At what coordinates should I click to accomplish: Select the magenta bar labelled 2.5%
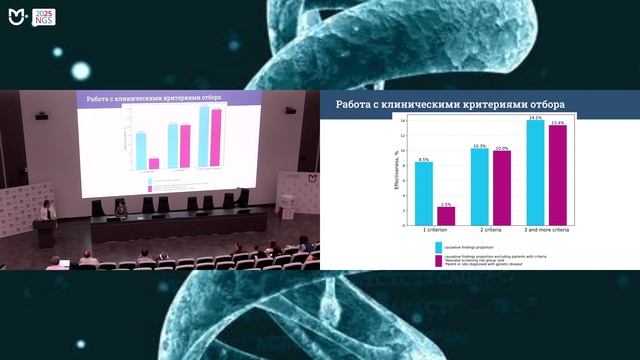point(446,214)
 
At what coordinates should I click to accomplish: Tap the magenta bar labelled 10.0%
point(501,186)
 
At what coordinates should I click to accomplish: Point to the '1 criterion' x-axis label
point(435,229)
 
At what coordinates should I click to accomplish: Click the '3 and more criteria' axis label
point(546,229)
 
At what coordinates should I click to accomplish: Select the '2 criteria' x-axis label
point(490,229)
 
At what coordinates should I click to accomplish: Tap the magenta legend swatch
point(438,261)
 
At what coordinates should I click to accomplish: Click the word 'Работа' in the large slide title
point(355,104)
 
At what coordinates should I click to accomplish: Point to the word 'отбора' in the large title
point(543,104)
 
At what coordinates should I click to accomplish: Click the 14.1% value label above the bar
point(535,118)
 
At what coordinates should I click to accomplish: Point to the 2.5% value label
point(446,204)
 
